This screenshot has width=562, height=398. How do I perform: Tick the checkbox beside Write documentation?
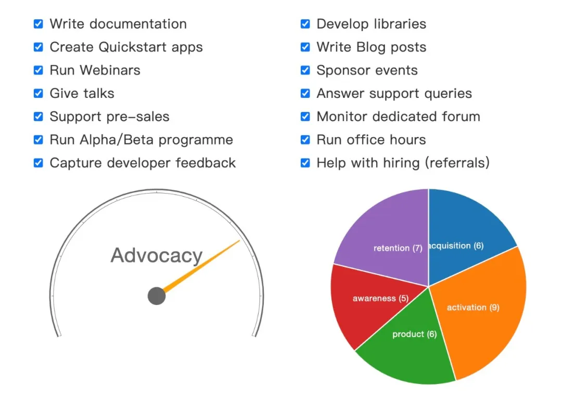click(39, 24)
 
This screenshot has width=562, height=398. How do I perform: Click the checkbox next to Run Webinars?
click(39, 70)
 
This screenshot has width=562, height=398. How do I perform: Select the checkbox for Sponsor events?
click(305, 70)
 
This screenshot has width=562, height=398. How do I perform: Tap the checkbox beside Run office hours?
click(305, 140)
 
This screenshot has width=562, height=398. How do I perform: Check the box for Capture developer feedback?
click(39, 163)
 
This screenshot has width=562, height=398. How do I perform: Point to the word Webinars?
click(110, 70)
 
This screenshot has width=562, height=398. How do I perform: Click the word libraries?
click(400, 24)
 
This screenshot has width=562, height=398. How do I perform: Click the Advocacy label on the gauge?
click(157, 256)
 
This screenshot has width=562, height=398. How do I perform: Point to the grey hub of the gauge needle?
click(157, 296)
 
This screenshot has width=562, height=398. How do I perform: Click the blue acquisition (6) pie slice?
click(466, 229)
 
